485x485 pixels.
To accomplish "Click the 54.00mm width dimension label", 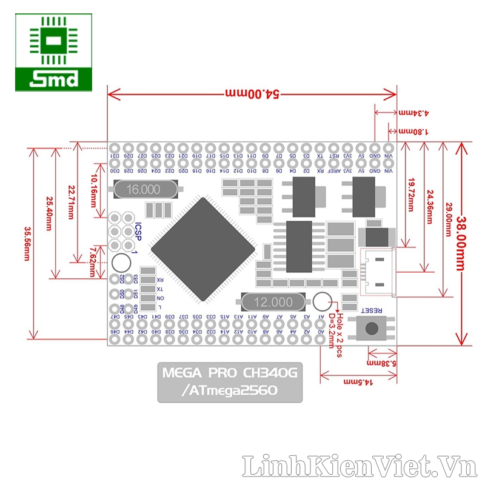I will [x=252, y=94].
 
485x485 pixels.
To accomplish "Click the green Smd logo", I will [x=54, y=53].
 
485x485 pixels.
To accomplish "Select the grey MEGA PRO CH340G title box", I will [x=230, y=382].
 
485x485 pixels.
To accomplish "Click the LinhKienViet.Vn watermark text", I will [x=357, y=466].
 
